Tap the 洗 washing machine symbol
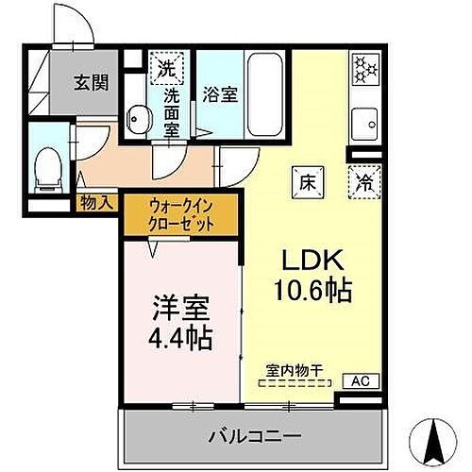166,67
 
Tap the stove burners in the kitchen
363,66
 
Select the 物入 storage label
97,202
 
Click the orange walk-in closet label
180,215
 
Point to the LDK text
305,260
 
